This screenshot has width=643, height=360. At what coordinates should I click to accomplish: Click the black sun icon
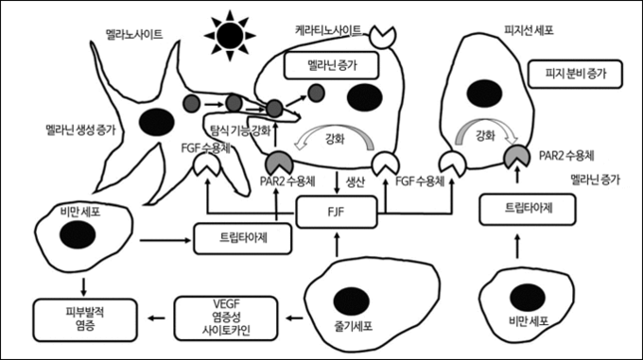point(230,36)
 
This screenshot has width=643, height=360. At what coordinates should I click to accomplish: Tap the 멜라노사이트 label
point(134,34)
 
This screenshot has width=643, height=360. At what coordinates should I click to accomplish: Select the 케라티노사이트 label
point(328,30)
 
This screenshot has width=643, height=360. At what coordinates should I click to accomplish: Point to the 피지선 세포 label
point(529,30)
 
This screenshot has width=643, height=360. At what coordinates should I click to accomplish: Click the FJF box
point(337,212)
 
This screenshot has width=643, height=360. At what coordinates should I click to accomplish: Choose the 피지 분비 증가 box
point(575,74)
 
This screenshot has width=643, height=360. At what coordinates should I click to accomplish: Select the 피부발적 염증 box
point(85,319)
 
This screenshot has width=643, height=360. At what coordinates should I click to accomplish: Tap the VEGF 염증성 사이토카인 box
point(226,318)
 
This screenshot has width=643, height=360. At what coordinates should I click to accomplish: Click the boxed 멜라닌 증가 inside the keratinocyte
point(331,65)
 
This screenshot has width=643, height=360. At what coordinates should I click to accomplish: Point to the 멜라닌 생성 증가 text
point(80,130)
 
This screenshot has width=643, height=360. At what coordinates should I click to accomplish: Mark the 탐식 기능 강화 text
point(240,130)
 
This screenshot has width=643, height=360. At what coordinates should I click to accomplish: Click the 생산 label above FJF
point(356,181)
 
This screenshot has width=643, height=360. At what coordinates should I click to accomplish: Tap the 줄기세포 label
point(354,326)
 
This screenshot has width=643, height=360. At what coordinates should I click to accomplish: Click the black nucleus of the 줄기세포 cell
point(352,301)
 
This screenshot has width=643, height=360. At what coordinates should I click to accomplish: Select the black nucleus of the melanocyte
point(157,122)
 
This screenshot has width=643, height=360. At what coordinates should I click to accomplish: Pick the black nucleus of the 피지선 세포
point(485,94)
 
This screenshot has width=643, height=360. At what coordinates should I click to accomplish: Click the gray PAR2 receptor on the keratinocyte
point(280,163)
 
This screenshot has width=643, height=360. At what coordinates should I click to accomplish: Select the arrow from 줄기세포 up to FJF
point(337,245)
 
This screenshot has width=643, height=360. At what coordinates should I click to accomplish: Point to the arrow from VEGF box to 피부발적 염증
point(156,317)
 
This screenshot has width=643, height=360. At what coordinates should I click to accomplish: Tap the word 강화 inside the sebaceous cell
point(485,135)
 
